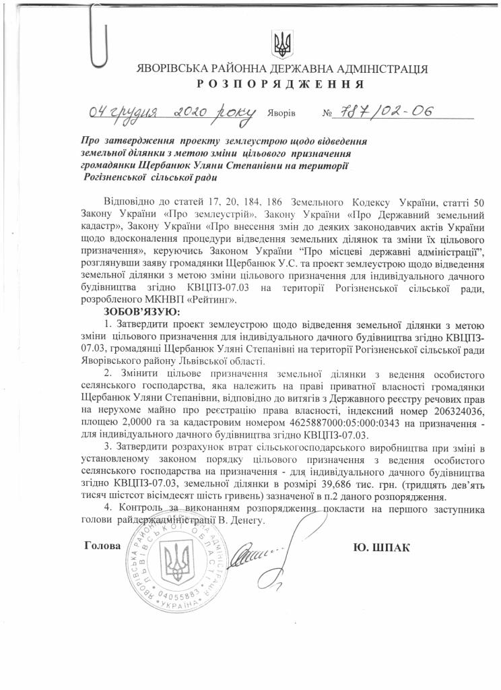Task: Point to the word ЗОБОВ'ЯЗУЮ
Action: (142, 312)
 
